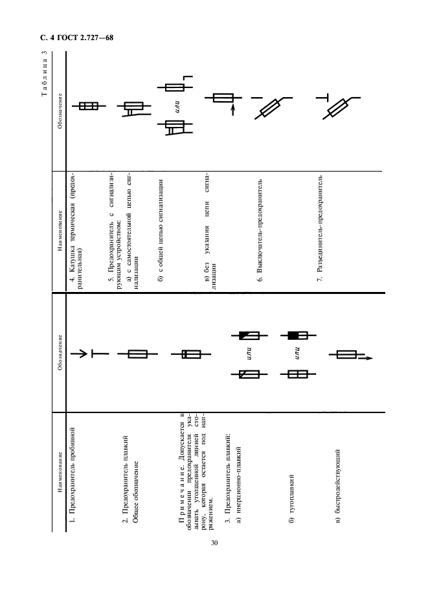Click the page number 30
click(x=214, y=543)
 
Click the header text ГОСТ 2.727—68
click(x=85, y=38)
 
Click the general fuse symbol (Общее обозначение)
click(x=137, y=354)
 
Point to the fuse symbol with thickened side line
click(x=191, y=354)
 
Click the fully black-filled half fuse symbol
click(x=298, y=335)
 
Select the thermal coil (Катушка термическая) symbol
click(x=89, y=106)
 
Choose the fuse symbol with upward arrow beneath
click(x=223, y=100)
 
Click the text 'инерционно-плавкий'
click(x=238, y=485)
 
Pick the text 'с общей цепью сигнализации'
click(x=161, y=230)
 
